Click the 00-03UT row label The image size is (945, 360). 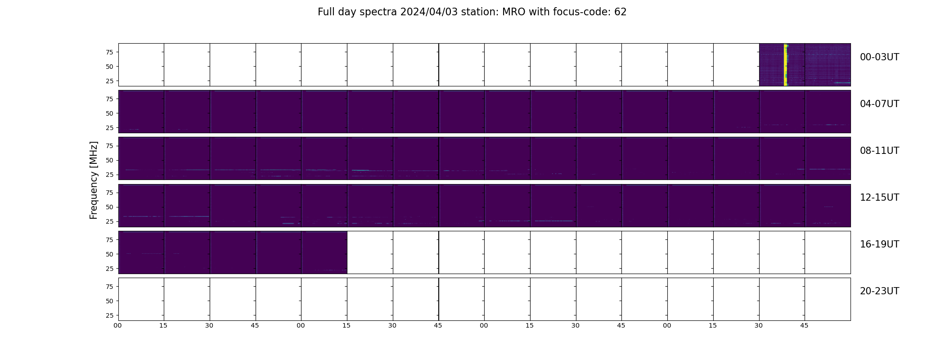tap(879, 57)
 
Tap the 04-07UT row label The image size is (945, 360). tap(879, 104)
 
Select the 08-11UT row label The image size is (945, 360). tap(879, 151)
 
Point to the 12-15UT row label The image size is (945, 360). tap(879, 198)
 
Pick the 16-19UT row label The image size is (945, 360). tap(879, 244)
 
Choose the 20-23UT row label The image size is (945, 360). tap(879, 291)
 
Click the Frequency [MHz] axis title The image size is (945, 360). tap(94, 180)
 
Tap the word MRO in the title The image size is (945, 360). tap(510, 12)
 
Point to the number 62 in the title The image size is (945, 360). tap(621, 12)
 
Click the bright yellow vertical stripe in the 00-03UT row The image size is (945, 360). tap(786, 65)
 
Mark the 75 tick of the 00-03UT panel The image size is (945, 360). tap(109, 52)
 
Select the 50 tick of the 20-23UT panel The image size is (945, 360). tap(109, 301)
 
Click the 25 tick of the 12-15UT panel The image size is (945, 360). tap(109, 221)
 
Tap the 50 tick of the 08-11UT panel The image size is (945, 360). tap(109, 160)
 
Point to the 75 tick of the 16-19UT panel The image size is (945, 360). tap(109, 240)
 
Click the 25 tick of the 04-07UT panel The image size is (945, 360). tap(109, 128)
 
